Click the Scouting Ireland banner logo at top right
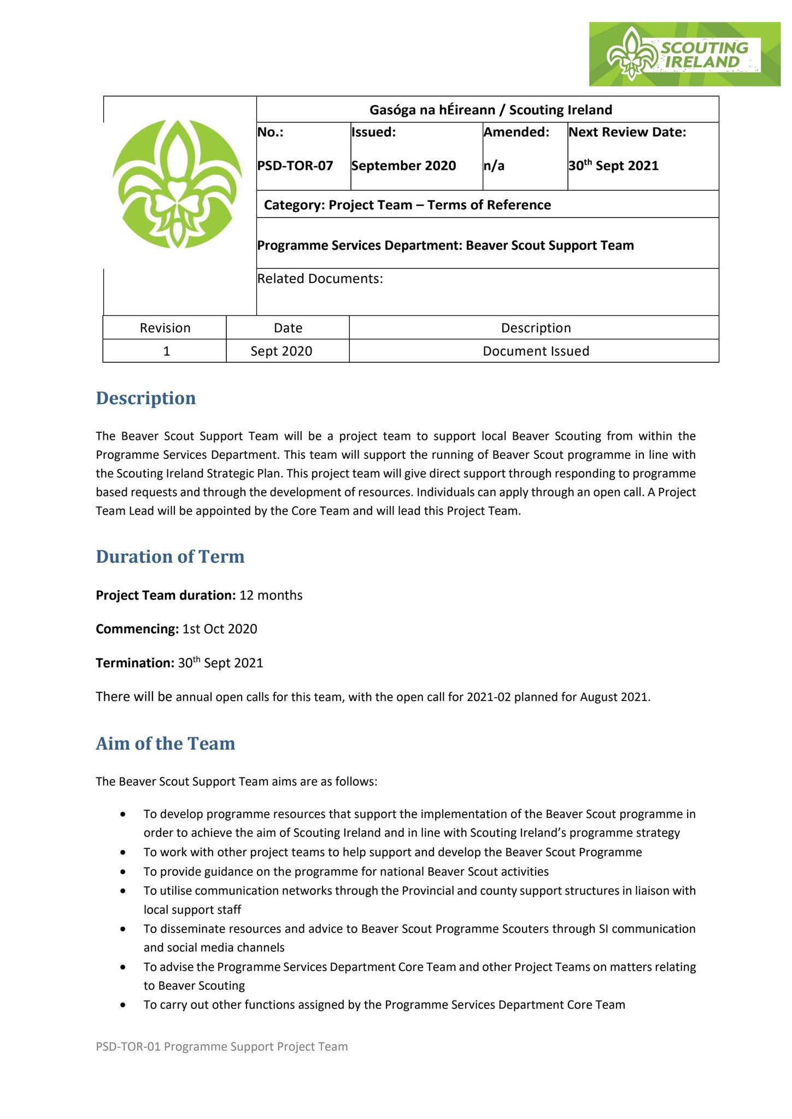click(684, 54)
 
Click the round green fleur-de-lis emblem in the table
click(177, 184)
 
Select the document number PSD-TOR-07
click(295, 166)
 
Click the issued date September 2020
click(403, 166)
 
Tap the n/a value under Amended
click(494, 166)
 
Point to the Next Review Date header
click(627, 132)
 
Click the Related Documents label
click(320, 279)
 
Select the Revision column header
click(165, 328)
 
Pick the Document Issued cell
click(536, 351)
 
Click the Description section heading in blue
click(146, 398)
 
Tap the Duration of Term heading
click(170, 556)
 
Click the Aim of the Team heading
click(166, 743)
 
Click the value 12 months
click(271, 595)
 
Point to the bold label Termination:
click(135, 663)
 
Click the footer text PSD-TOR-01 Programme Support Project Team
click(221, 1046)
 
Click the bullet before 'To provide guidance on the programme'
click(124, 872)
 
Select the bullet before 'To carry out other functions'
click(124, 1005)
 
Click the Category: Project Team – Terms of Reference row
click(407, 205)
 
